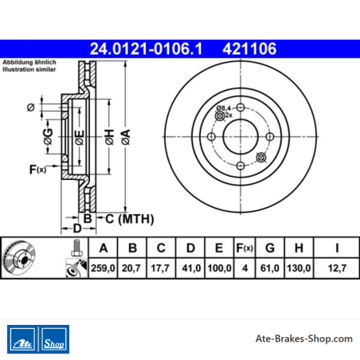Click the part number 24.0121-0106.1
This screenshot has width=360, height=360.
click(146, 49)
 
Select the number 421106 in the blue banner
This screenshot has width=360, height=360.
click(249, 49)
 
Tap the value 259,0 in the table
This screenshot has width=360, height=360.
click(103, 268)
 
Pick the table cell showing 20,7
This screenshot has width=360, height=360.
click(131, 268)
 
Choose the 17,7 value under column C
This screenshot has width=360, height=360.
click(160, 268)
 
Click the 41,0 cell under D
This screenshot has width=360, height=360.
click(191, 268)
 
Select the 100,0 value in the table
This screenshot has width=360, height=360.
click(219, 268)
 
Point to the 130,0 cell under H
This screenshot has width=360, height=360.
click(299, 268)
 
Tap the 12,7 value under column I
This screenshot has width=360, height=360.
click(337, 268)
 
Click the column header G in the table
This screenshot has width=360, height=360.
click(270, 248)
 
